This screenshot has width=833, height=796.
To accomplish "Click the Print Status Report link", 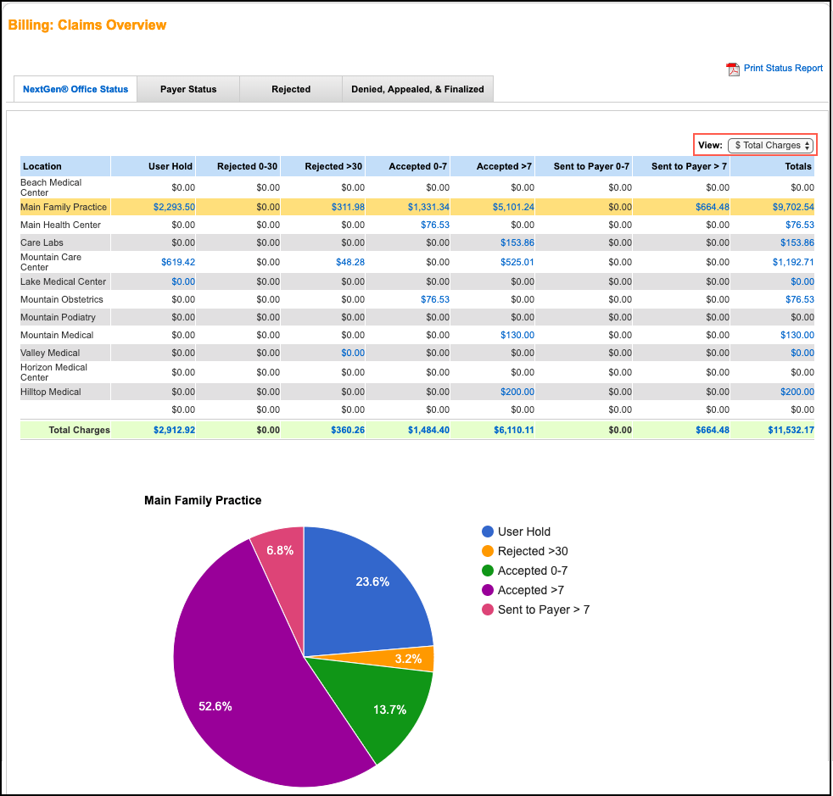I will [782, 69].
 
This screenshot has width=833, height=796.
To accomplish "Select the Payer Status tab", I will [188, 89].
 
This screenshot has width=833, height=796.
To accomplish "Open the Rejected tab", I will [291, 89].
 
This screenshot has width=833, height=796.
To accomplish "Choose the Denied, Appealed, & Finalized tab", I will [417, 89].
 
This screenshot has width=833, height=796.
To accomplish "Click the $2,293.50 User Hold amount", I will [174, 208].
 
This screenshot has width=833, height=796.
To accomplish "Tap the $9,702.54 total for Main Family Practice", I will [793, 208].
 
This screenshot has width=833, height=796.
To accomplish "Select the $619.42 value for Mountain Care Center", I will [178, 262].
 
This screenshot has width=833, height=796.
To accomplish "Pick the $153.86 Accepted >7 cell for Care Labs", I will [517, 243].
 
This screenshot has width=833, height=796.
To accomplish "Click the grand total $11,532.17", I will [791, 430].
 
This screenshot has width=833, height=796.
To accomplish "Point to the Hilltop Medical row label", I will [51, 392].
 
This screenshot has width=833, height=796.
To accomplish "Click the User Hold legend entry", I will [523, 532].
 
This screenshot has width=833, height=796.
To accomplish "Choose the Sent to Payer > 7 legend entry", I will [543, 610].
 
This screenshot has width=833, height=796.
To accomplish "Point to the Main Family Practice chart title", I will [203, 500].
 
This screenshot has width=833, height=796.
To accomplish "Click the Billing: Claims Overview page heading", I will [87, 25].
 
